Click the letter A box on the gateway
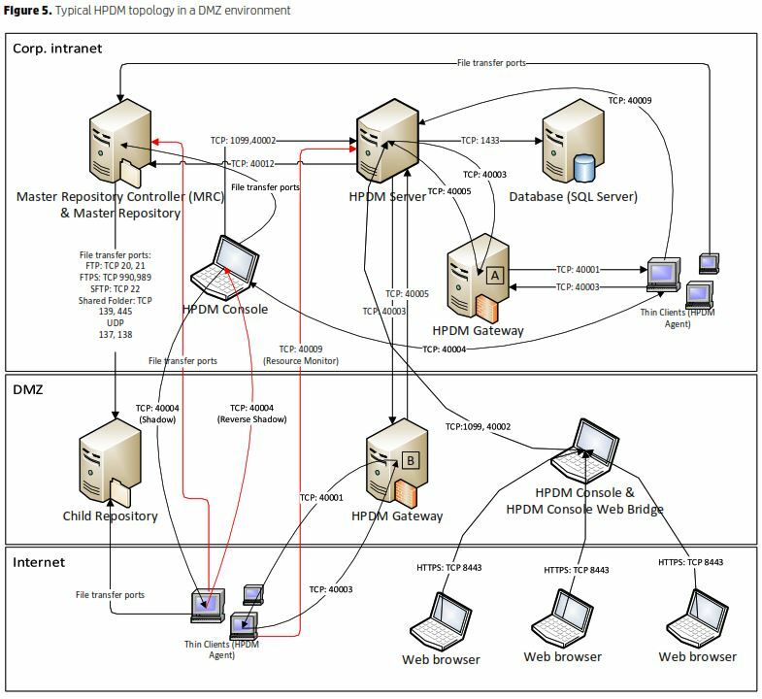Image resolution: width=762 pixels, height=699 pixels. point(494,275)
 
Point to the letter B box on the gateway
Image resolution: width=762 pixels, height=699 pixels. point(410,460)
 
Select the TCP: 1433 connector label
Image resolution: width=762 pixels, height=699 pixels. point(481,140)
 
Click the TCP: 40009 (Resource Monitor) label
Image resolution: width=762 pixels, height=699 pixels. point(301,354)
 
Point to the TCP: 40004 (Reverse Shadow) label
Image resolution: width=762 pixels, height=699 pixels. point(249,414)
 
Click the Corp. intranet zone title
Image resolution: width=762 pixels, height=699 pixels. point(57,48)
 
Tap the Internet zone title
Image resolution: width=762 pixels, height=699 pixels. point(39,561)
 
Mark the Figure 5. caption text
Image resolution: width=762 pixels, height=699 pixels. point(146,10)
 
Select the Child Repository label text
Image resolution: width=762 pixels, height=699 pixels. point(110,516)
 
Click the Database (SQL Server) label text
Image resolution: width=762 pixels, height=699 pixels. point(573,197)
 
